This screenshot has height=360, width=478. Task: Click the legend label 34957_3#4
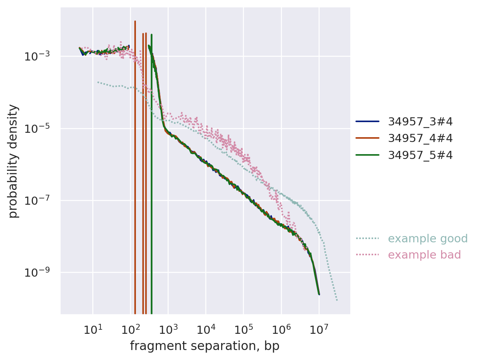pyautogui.click(x=420, y=121)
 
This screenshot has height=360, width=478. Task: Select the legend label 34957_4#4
pyautogui.click(x=420, y=138)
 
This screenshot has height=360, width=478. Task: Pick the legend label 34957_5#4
pyautogui.click(x=420, y=155)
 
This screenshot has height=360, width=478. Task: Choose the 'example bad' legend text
pyautogui.click(x=424, y=255)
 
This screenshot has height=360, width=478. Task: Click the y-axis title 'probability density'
pyautogui.click(x=13, y=161)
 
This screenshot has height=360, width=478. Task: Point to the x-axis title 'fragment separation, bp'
pyautogui.click(x=204, y=346)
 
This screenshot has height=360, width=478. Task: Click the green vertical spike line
pyautogui.click(x=152, y=184)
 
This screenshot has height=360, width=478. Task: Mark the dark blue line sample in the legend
pyautogui.click(x=367, y=121)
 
